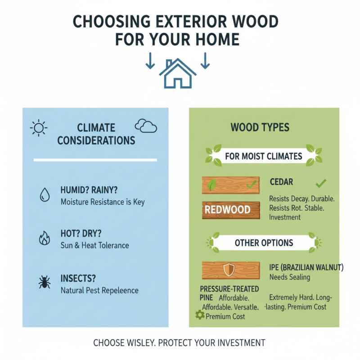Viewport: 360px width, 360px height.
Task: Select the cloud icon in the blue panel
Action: (146, 126)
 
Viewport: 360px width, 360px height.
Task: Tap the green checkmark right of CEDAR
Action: (320, 183)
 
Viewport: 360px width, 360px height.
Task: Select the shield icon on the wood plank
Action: (229, 270)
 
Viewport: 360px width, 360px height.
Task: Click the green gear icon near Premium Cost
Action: (200, 315)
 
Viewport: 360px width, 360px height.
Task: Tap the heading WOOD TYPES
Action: (260, 128)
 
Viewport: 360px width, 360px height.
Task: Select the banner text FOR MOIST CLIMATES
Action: (264, 157)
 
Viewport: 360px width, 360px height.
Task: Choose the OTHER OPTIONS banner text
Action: (264, 243)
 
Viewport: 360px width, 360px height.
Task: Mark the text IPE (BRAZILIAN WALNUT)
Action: (306, 267)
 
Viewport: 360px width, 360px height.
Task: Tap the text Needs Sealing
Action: (290, 277)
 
